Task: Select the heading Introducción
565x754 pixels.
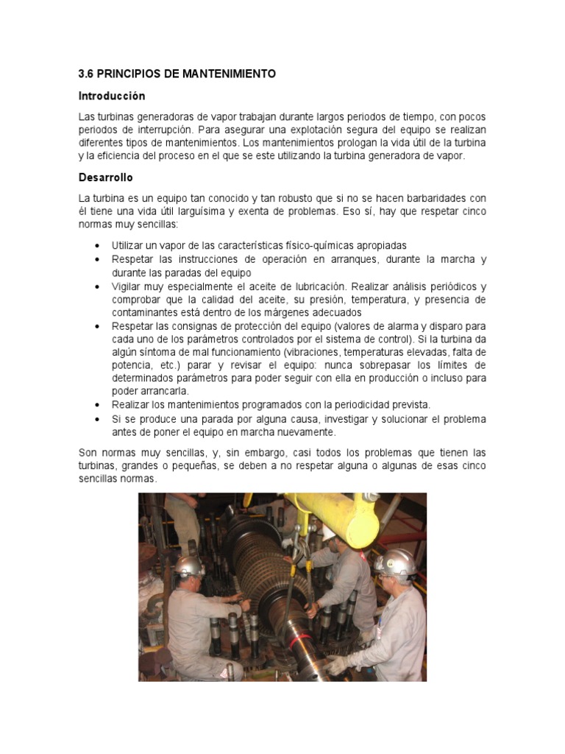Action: pyautogui.click(x=112, y=96)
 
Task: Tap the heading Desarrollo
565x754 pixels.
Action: pyautogui.click(x=106, y=177)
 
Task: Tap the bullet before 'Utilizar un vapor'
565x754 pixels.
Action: pyautogui.click(x=98, y=246)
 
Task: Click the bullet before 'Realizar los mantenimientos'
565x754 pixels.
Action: pyautogui.click(x=98, y=406)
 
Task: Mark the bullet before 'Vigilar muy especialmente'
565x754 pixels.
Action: pyautogui.click(x=98, y=286)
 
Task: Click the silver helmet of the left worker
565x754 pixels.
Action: pyautogui.click(x=189, y=565)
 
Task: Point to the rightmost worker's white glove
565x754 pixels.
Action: pyautogui.click(x=338, y=664)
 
